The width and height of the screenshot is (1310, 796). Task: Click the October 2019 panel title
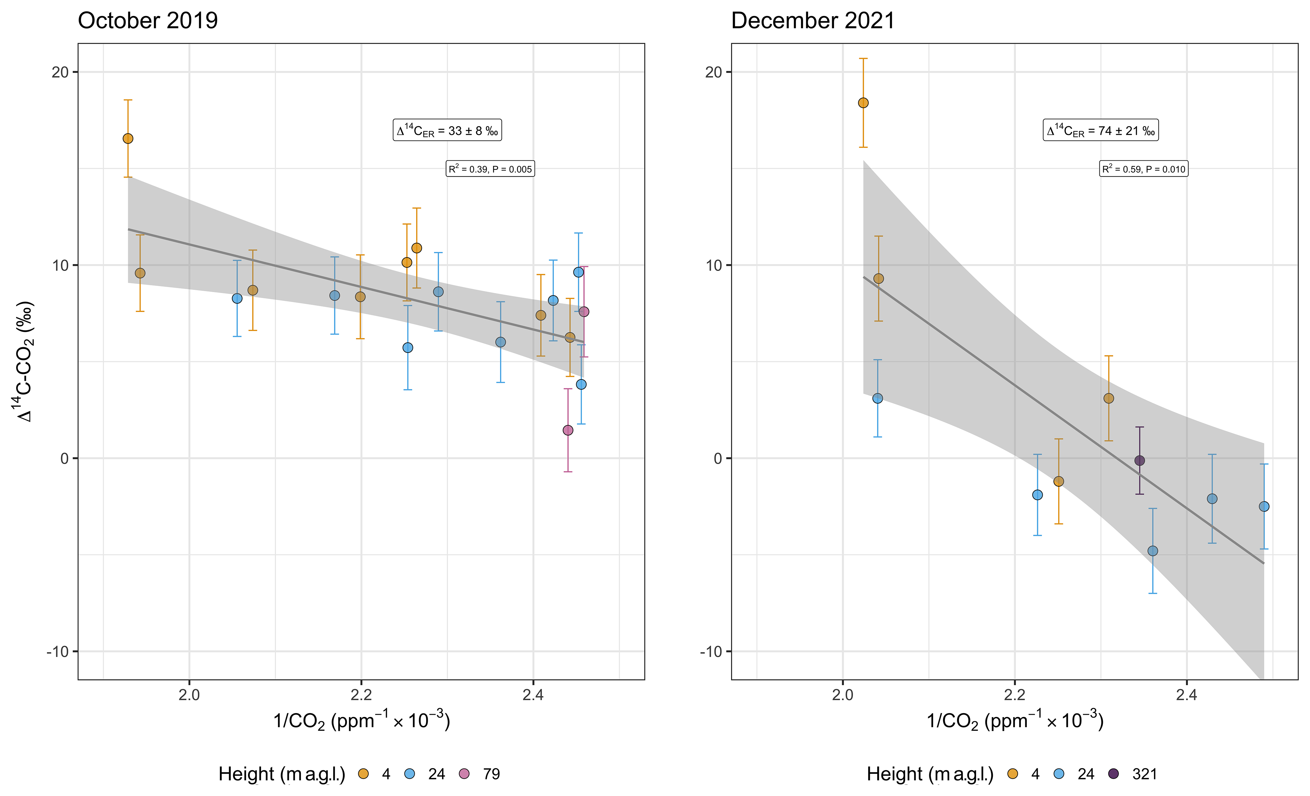[148, 21]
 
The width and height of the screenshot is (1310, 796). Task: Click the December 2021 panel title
[813, 21]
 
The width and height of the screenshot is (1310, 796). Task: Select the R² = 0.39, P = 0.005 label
[490, 169]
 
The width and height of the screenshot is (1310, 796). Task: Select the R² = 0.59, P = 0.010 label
[1144, 169]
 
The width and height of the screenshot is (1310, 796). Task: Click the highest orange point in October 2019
[128, 139]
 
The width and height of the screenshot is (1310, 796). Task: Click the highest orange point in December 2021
[863, 102]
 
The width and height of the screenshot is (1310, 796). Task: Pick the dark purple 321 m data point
[1139, 461]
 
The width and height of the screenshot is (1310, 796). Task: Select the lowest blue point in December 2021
[1153, 551]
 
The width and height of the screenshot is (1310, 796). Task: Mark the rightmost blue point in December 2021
[1264, 506]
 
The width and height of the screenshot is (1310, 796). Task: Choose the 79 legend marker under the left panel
[465, 774]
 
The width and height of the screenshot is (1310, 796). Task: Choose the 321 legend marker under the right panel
[1113, 774]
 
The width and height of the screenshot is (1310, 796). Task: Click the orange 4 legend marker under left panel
[364, 774]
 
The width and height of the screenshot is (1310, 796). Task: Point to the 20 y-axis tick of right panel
[713, 72]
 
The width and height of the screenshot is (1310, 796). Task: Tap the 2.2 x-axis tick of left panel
[361, 694]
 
